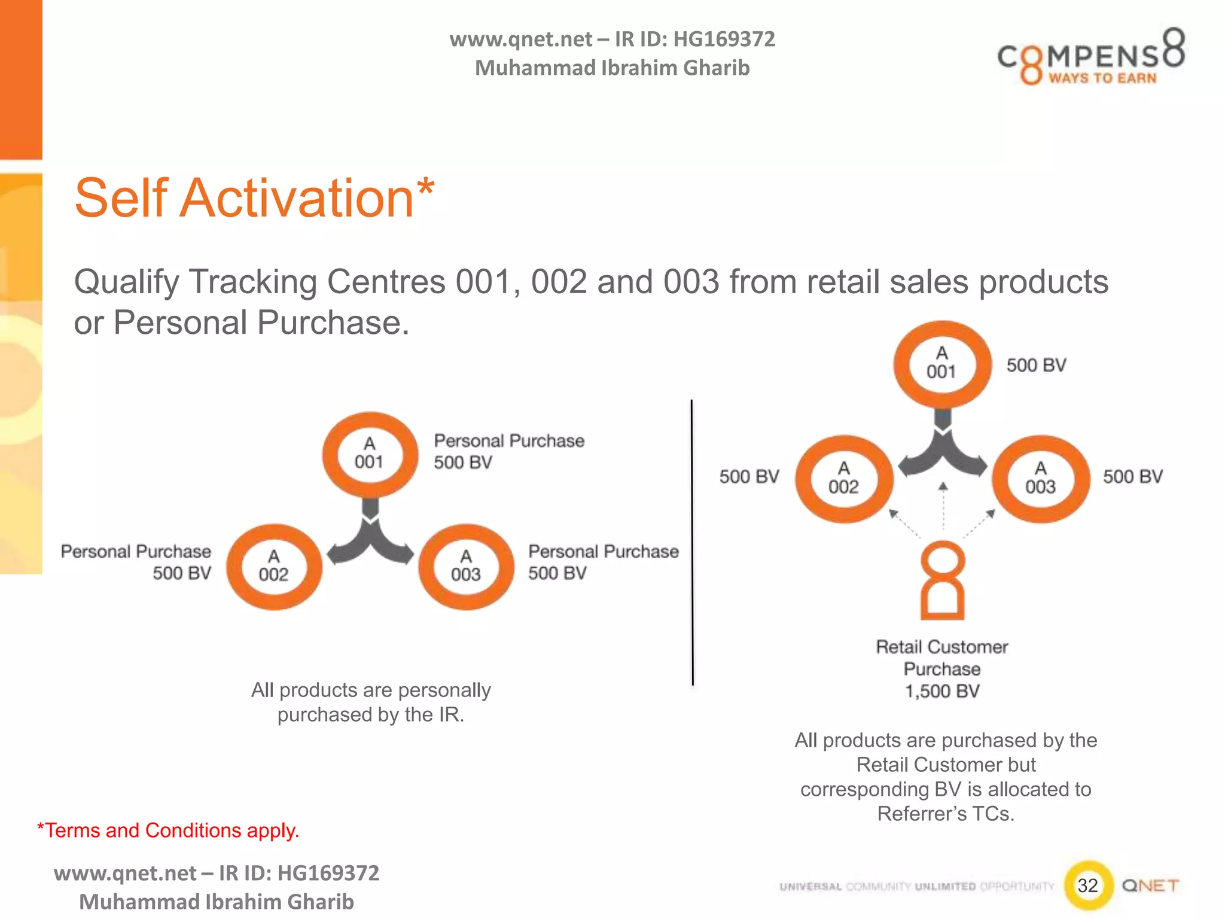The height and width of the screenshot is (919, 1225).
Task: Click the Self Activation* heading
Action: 254,198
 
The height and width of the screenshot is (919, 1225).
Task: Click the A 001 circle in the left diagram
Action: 370,454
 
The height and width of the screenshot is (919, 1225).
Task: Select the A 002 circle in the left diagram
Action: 274,567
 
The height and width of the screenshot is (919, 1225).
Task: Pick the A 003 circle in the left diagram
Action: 466,567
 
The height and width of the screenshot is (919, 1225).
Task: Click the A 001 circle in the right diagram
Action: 942,364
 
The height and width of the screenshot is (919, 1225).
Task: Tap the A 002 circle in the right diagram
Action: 843,479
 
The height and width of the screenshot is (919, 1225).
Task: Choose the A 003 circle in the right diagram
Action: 1041,479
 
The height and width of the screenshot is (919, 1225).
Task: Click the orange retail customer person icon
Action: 943,580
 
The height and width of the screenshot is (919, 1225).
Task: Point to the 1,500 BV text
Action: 942,692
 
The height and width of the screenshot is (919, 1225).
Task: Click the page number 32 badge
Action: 1088,885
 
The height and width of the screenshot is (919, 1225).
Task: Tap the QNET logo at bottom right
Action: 1150,885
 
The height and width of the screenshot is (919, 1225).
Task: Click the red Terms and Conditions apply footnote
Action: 168,830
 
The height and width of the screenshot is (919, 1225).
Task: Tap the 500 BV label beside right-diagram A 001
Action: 1036,365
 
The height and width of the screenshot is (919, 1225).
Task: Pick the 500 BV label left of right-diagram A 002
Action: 749,477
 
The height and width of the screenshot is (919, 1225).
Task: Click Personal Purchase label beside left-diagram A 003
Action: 603,552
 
